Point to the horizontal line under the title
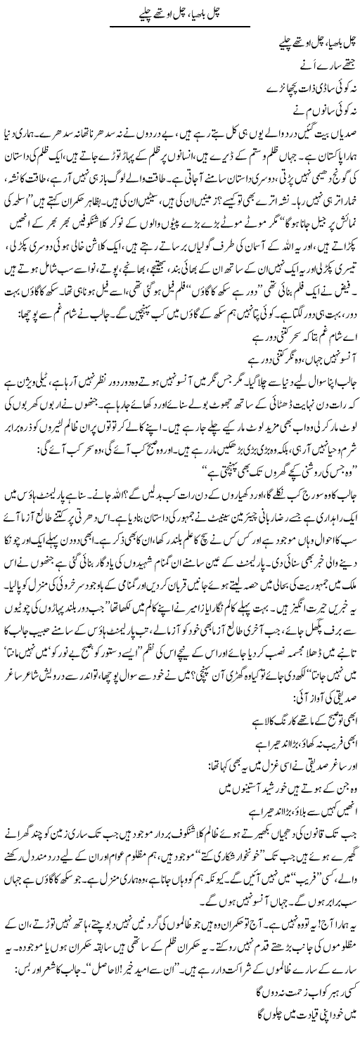point(180,26)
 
